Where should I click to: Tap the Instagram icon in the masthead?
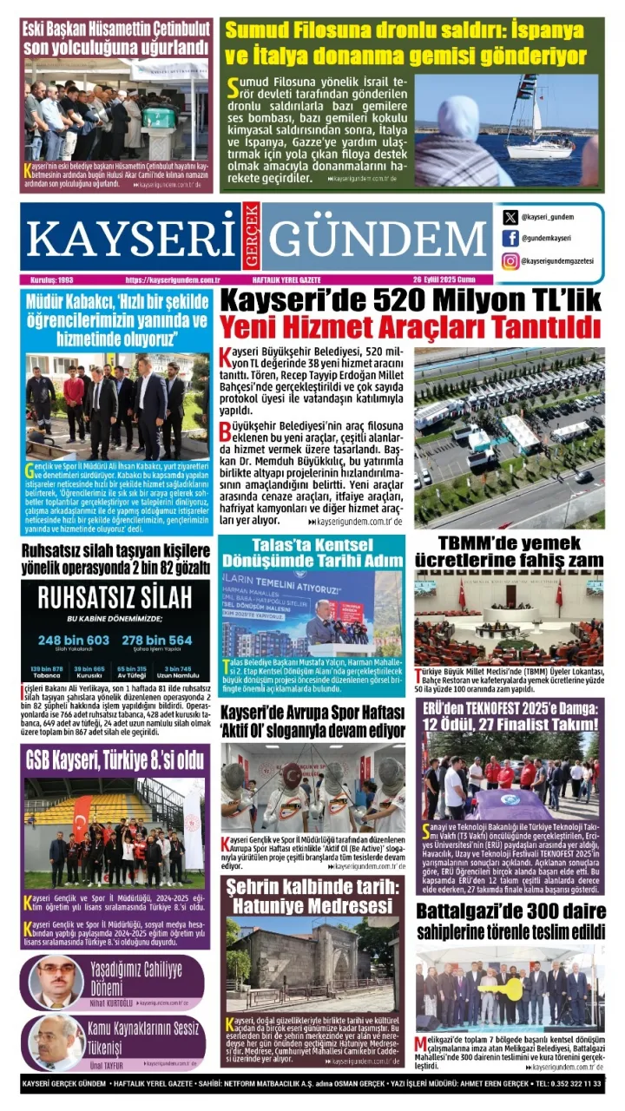point(510,260)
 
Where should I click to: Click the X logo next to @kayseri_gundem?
point(510,218)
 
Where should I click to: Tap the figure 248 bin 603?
point(74,641)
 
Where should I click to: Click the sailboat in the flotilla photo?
point(538,139)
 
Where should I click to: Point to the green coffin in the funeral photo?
point(157,117)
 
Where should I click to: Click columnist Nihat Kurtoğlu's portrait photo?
point(56,981)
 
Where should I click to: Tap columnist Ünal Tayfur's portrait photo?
point(56,1042)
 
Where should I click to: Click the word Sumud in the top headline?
point(261,30)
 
